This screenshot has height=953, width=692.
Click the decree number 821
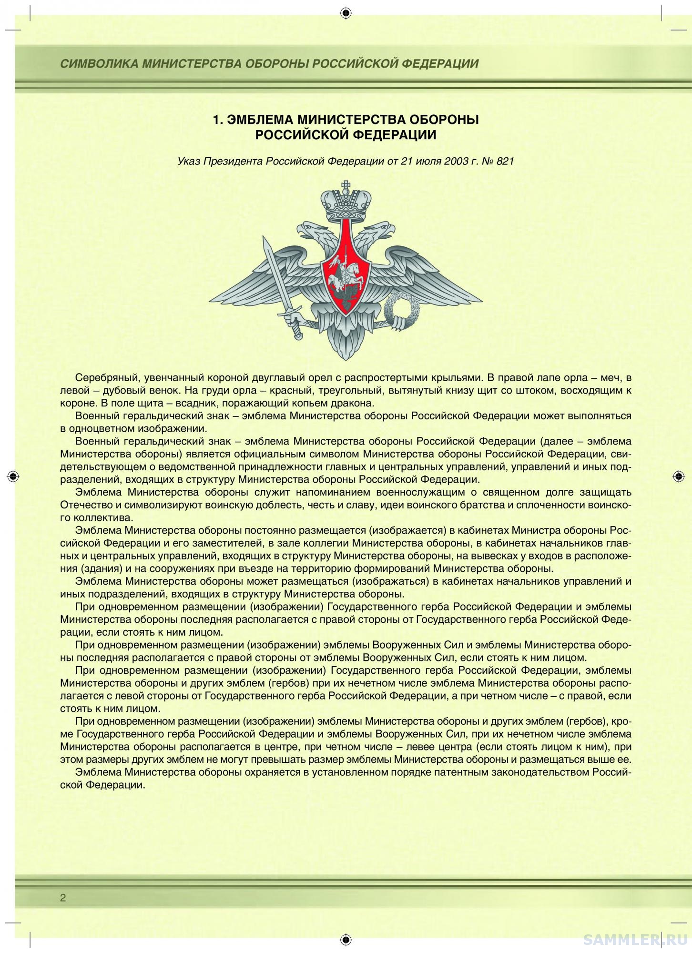point(505,161)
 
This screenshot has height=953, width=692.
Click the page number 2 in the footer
point(63,899)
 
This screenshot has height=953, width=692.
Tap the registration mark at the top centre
point(346,13)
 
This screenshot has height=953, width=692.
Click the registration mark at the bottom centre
point(346,939)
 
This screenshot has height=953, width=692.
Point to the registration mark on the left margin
point(14,476)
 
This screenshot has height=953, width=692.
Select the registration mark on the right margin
point(678,476)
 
